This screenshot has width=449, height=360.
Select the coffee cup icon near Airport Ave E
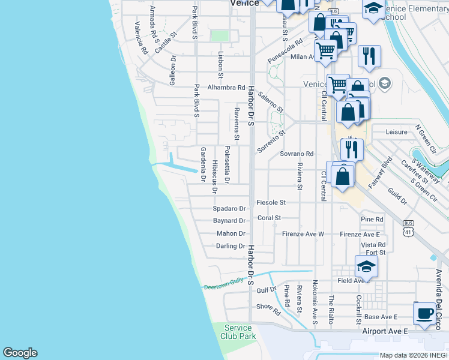coord(425,313)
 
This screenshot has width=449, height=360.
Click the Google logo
coord(20,353)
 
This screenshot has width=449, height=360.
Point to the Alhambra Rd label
coord(226,87)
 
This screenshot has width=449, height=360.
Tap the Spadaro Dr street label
coord(230,209)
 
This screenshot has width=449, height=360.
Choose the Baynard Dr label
coord(229,221)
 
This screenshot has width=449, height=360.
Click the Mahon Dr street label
coord(231,233)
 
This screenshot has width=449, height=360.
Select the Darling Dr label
coord(231,246)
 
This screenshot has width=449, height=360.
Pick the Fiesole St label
coord(271,203)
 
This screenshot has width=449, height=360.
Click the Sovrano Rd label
coord(297,154)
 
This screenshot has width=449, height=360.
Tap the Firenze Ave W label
coord(303,234)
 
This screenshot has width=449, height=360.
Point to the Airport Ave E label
coord(385,331)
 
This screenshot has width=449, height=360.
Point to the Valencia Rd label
coord(142,38)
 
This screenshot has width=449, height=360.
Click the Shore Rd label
coord(268,309)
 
